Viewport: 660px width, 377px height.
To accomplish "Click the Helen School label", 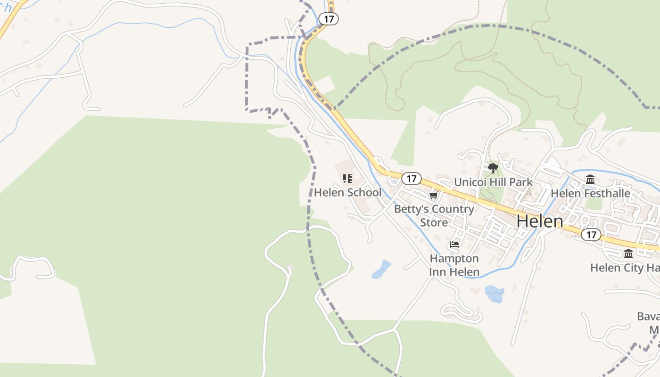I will point(347,192).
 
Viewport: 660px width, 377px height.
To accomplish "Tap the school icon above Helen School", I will point(347,179).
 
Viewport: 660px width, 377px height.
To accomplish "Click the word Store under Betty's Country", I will point(434,222).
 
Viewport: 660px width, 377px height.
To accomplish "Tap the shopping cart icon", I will point(433,195).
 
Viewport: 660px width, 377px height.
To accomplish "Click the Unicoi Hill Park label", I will point(493,182).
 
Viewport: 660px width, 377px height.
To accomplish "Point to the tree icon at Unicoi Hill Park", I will point(493,168).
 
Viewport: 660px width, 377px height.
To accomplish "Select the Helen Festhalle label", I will point(590,193).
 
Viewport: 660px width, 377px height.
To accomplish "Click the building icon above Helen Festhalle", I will point(590,179).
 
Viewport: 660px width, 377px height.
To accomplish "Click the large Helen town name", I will point(540,221).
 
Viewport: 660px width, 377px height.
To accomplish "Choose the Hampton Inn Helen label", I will point(454,265).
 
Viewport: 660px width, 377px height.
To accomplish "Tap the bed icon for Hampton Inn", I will point(454,244).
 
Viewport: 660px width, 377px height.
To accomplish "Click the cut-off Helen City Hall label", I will point(624,268).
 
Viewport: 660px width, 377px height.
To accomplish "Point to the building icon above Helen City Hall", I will point(628,254).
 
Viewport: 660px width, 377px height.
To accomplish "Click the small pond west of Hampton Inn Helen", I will point(381,270).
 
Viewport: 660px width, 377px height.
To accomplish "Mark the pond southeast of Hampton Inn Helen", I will point(494,294).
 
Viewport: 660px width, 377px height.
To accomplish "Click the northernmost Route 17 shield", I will point(329,19).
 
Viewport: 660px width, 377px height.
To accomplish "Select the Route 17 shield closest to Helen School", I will point(412,179).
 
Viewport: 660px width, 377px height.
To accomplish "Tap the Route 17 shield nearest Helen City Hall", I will point(591,234).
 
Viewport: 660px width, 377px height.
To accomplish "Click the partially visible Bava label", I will point(648,316).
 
